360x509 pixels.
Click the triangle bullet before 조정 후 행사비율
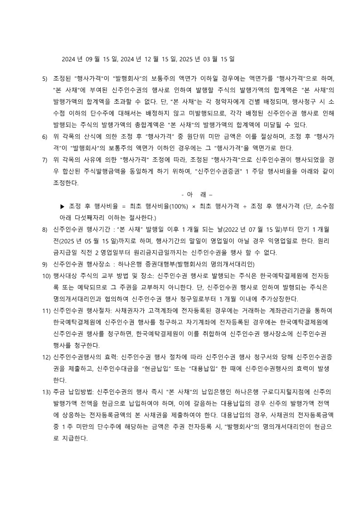point(63,206)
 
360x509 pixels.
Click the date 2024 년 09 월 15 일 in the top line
point(89,59)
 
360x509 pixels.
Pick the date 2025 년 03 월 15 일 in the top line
point(207,59)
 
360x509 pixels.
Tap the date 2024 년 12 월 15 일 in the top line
point(148,59)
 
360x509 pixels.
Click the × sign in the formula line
point(194,206)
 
